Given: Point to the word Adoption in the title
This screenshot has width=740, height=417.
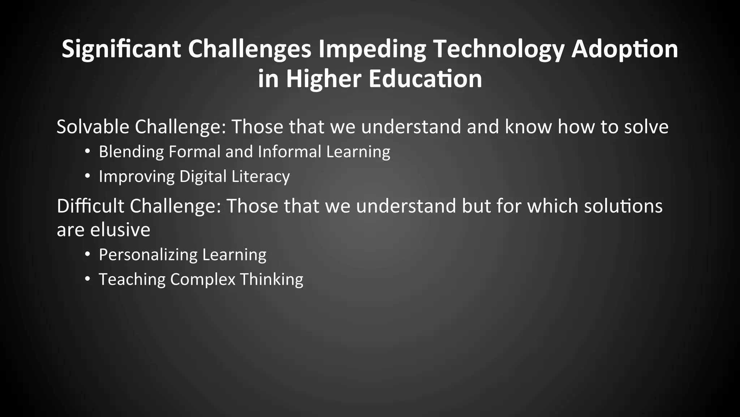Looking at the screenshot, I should pos(624,50).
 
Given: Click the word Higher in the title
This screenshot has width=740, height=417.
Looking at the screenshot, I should pos(324,79).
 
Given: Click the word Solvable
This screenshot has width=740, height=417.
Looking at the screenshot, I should pos(93,127).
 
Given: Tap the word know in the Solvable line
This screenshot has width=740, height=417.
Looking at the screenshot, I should pos(528,127).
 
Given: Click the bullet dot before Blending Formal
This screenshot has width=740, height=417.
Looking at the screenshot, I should pos(87,151).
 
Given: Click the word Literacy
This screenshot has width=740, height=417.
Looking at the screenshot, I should pos(261,177).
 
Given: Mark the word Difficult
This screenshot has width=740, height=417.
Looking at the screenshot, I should pos(90,206).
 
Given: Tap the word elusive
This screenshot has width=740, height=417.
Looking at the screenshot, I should pos(120,230).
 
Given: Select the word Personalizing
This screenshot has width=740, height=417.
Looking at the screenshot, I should pos(148,255).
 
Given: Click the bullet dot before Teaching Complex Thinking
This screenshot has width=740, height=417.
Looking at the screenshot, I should pos(87,279).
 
